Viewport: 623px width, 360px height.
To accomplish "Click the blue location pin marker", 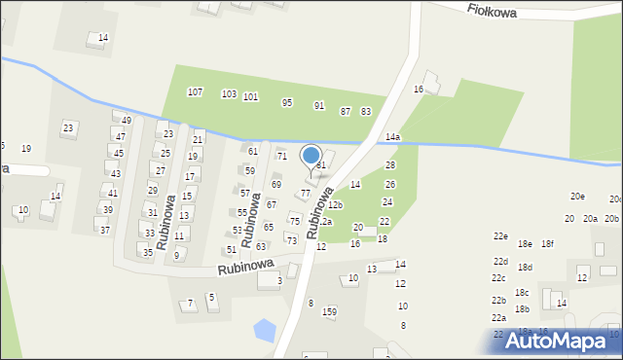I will [x=311, y=157].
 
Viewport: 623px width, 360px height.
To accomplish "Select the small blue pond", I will [x=263, y=331].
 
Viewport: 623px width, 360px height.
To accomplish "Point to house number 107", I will [x=195, y=92].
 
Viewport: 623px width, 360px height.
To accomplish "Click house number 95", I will [x=287, y=102].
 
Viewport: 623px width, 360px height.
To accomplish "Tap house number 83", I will [x=366, y=112].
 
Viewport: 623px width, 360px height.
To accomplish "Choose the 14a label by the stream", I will [x=392, y=138].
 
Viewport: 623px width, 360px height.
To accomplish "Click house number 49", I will [x=127, y=120].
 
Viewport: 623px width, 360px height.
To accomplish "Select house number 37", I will [x=104, y=231].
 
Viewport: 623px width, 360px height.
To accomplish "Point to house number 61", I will [x=253, y=151].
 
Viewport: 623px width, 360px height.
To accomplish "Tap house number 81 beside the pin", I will [x=321, y=165].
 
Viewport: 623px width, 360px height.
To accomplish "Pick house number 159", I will [x=330, y=311].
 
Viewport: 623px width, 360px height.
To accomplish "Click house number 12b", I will [x=335, y=205].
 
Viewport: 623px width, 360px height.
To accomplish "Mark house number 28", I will [x=390, y=165].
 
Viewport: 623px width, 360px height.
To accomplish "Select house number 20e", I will [x=578, y=197].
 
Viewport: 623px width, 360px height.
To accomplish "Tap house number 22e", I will [x=500, y=236].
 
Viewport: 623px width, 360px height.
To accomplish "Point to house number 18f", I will [x=547, y=243].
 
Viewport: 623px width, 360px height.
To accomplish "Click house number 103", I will [x=229, y=94].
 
